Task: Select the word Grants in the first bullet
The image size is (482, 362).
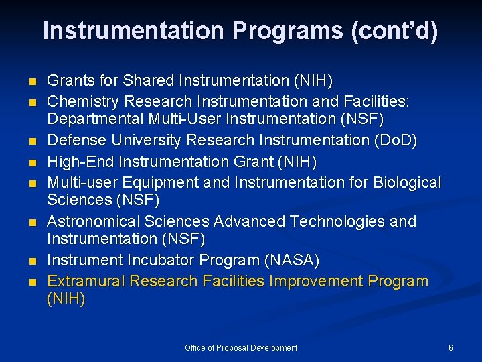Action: pyautogui.click(x=68, y=81)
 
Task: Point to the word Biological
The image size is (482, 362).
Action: pyautogui.click(x=406, y=182)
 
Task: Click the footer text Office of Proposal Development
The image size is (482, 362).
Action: pyautogui.click(x=241, y=347)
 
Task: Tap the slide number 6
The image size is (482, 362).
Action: pyautogui.click(x=451, y=347)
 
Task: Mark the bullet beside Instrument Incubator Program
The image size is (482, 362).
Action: pyautogui.click(x=31, y=261)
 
